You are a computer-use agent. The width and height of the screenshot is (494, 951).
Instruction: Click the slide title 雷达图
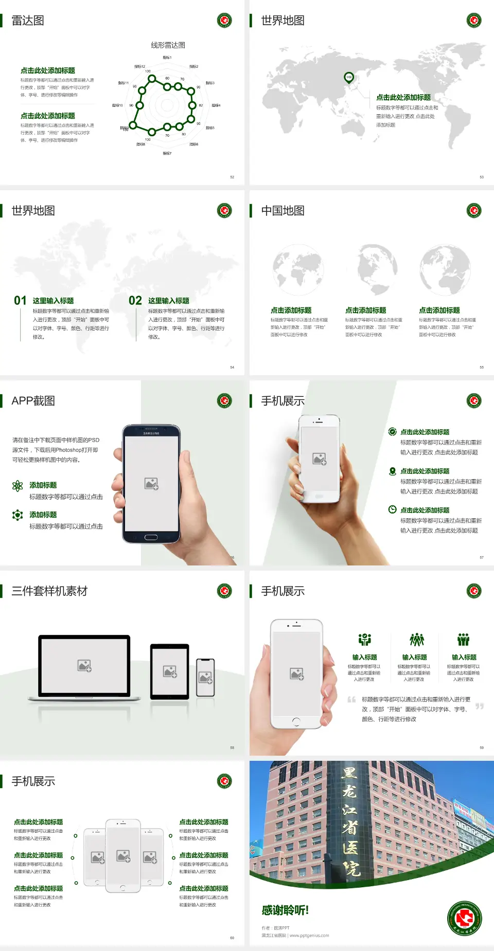click(28, 21)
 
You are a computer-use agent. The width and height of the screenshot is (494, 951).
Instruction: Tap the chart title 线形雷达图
click(168, 45)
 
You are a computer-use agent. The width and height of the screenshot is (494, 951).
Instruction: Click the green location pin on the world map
click(349, 78)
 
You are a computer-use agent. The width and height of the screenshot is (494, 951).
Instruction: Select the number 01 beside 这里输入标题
click(20, 300)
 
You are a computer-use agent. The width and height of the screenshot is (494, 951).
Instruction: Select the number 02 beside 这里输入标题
click(135, 300)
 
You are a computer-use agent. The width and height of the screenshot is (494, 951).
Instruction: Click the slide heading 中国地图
click(283, 211)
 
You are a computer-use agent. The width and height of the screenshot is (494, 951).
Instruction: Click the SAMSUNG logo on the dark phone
click(151, 433)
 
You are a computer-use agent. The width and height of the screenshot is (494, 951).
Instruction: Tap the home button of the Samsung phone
click(151, 537)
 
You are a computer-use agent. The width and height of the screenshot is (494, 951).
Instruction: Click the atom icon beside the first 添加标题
click(17, 485)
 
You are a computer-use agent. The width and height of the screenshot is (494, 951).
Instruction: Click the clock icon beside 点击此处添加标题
click(392, 509)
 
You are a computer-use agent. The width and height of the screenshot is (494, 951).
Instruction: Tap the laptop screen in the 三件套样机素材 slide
click(84, 665)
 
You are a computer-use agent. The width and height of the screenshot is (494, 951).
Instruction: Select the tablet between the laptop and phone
click(170, 671)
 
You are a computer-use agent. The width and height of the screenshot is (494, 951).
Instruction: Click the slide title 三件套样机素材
click(49, 591)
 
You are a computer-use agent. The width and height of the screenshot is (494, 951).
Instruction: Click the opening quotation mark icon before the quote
click(351, 699)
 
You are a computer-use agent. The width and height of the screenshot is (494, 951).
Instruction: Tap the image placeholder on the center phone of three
click(123, 855)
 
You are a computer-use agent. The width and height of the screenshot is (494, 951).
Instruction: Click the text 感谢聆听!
click(285, 910)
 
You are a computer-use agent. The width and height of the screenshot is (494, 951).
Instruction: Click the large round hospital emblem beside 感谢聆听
click(464, 919)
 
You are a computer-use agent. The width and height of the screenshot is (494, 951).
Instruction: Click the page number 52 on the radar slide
click(232, 177)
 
